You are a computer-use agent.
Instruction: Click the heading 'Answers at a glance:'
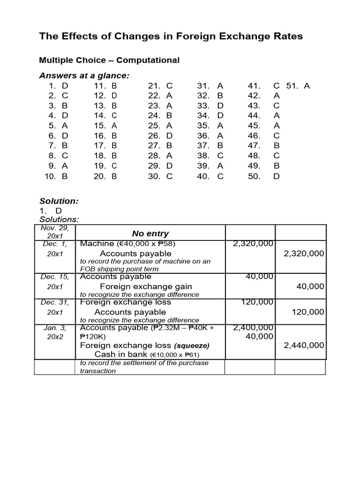tap(84, 75)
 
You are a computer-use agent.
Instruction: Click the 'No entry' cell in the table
tap(150, 233)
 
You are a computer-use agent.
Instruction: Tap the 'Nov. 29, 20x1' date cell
tap(55, 232)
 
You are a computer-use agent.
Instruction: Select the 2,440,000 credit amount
tap(304, 345)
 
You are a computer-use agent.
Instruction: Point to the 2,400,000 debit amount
tap(253, 327)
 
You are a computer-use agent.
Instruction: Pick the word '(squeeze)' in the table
tap(192, 345)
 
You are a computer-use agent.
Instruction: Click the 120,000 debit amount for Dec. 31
tap(257, 302)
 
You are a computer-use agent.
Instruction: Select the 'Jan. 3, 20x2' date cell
tap(55, 332)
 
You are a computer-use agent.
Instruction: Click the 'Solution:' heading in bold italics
tap(59, 201)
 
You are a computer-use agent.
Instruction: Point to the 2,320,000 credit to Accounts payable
tap(304, 253)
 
